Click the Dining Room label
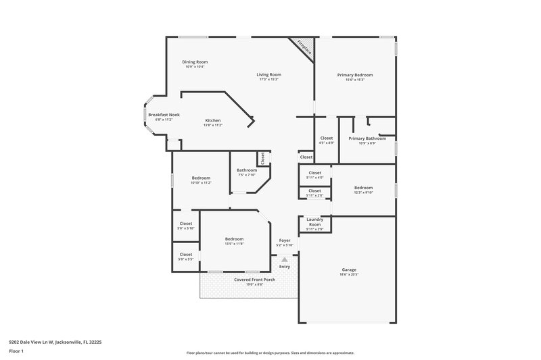pyautogui.click(x=194, y=61)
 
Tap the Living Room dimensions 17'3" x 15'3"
pyautogui.click(x=268, y=80)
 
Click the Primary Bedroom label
pyautogui.click(x=355, y=75)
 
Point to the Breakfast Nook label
pyautogui.click(x=164, y=115)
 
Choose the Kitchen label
pyautogui.click(x=213, y=120)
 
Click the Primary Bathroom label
pyautogui.click(x=367, y=138)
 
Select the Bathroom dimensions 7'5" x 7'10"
pyautogui.click(x=246, y=175)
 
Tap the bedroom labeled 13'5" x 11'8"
pyautogui.click(x=235, y=241)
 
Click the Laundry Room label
pyautogui.click(x=314, y=221)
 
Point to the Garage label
pyautogui.click(x=348, y=269)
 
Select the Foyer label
pyautogui.click(x=285, y=240)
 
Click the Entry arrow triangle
pyautogui.click(x=285, y=259)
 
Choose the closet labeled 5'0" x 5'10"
pyautogui.click(x=186, y=226)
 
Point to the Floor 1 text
pyautogui.click(x=16, y=352)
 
